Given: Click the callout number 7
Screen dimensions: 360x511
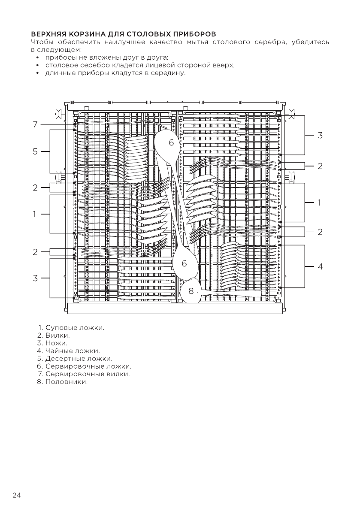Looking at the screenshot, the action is point(36,124).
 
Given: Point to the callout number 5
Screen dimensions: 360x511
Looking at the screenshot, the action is point(36,151).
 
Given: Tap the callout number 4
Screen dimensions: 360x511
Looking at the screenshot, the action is point(320,266).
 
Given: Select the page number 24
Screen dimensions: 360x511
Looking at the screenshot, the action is point(16,496).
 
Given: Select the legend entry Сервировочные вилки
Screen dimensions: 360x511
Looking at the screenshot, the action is point(87,374).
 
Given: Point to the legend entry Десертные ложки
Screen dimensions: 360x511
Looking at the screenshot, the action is point(79,358).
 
